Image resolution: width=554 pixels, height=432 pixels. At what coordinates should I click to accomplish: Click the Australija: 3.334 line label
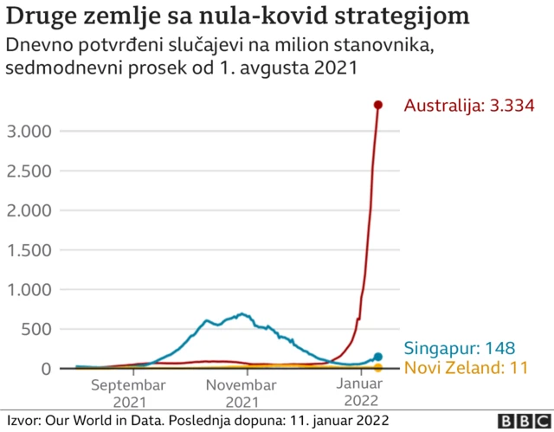[468, 106]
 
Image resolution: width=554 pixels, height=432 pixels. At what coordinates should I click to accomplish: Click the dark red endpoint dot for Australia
[378, 105]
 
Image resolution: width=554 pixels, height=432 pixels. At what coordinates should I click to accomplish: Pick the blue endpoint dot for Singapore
[378, 357]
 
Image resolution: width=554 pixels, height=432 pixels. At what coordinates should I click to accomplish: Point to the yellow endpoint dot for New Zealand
[378, 368]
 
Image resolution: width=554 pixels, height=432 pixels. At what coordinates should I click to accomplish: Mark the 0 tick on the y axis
[47, 369]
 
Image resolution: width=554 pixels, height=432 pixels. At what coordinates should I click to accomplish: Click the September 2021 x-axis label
[127, 393]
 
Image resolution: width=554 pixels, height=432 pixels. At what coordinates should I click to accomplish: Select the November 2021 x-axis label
[242, 393]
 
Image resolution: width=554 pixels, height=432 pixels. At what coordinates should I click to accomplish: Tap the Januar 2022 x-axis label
[358, 393]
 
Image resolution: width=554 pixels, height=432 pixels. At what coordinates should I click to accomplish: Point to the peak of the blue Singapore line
[242, 313]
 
